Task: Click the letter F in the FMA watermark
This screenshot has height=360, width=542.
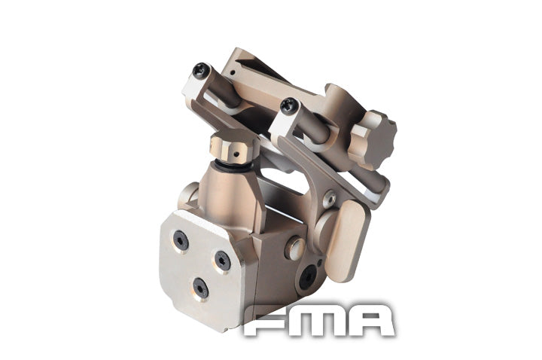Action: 269,321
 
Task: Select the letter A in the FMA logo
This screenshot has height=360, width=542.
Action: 370,321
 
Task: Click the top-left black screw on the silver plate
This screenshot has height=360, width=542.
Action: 181,240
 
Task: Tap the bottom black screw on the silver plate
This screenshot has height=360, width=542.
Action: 200,287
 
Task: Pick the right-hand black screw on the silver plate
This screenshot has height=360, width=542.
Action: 223,260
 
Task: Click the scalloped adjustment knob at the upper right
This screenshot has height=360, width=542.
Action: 373,136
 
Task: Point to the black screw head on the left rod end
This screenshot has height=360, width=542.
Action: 200,72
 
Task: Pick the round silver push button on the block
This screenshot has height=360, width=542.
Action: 296,246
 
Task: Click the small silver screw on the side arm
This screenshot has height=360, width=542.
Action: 329,200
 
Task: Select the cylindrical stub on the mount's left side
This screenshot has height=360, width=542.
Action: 187,198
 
